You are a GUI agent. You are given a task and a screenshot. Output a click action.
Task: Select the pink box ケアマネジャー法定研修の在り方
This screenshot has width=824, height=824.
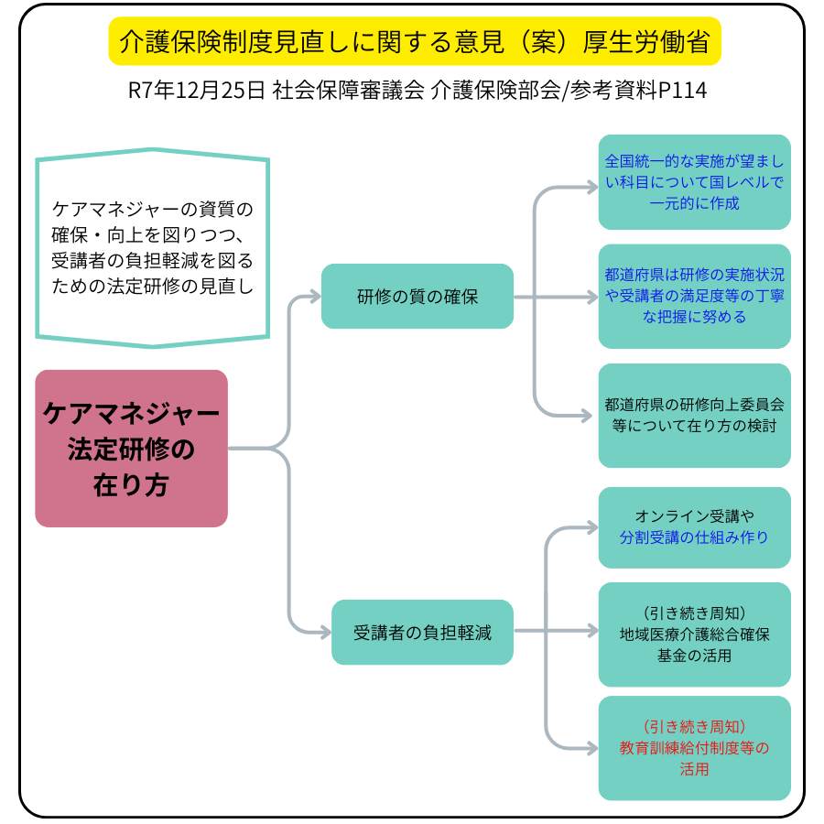click(131, 449)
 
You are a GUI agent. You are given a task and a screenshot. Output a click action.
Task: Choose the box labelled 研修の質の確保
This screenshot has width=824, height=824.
click(417, 297)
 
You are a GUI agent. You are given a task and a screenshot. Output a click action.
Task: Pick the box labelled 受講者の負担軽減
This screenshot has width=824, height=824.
click(422, 632)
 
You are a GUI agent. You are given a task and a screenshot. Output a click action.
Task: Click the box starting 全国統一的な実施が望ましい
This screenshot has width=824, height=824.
click(694, 182)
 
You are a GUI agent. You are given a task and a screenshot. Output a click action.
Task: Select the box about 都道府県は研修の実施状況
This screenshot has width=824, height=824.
click(694, 296)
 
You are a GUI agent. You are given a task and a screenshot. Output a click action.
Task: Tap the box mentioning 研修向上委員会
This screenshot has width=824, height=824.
click(694, 415)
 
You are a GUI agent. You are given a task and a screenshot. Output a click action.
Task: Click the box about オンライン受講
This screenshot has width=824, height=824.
click(694, 527)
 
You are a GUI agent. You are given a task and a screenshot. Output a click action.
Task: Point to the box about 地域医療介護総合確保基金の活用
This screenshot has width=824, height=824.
click(694, 634)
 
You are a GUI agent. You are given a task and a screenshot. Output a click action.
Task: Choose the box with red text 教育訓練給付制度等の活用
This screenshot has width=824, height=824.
click(694, 748)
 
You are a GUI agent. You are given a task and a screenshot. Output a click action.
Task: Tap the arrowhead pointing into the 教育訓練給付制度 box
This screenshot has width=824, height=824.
click(589, 748)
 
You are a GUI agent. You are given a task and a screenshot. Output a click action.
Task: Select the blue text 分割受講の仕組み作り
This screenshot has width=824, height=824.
click(694, 537)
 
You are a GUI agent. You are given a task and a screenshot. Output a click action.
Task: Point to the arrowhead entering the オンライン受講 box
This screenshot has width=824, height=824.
click(589, 527)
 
